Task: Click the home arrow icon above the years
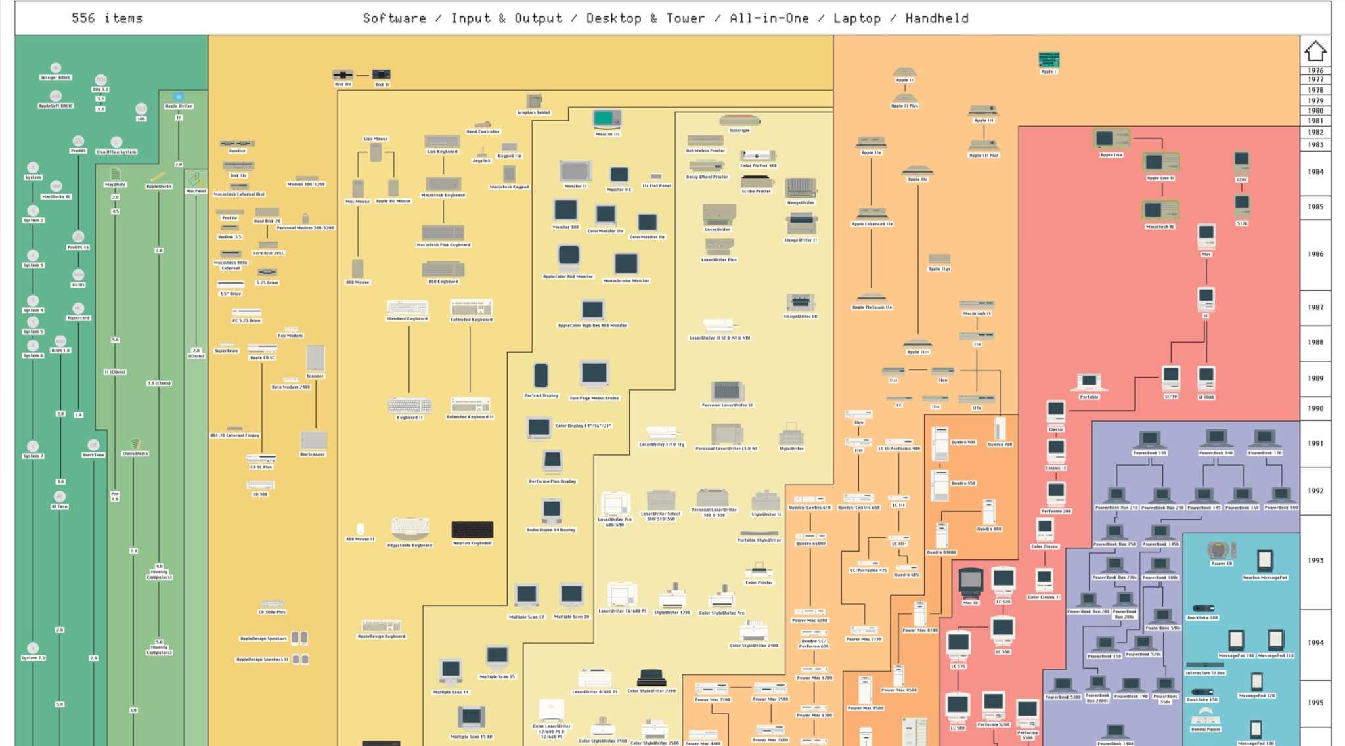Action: point(1315,51)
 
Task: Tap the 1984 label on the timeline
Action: point(1315,172)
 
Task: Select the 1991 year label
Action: point(1315,443)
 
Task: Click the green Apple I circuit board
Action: point(1049,60)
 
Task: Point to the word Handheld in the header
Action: point(937,18)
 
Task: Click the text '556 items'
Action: point(107,18)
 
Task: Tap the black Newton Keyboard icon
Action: point(472,529)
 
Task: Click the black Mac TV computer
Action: point(970,582)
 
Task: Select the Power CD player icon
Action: point(1221,550)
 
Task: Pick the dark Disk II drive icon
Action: point(382,75)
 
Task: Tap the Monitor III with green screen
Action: point(607,119)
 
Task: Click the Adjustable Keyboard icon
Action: point(410,527)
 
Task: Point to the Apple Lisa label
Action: point(1111,155)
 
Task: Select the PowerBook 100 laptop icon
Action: point(1149,439)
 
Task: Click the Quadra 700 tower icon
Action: point(1000,429)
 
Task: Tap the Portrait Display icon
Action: point(540,376)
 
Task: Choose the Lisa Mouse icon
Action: point(376,152)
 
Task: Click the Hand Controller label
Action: point(483,131)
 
